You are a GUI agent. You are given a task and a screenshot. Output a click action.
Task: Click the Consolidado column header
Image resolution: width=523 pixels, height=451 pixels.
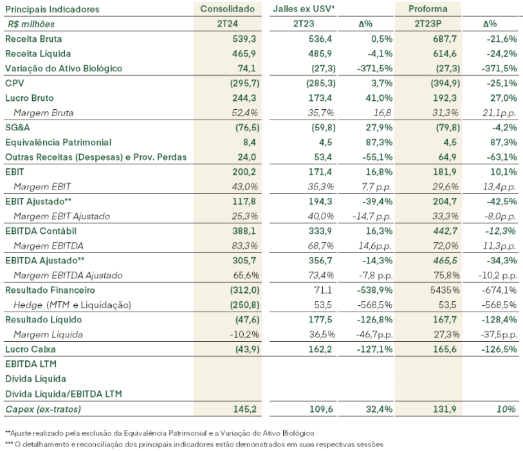pyautogui.click(x=228, y=9)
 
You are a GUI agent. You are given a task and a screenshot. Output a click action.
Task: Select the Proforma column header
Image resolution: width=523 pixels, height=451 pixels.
pyautogui.click(x=428, y=9)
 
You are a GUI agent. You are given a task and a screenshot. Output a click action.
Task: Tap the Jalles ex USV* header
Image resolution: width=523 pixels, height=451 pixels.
pyautogui.click(x=304, y=9)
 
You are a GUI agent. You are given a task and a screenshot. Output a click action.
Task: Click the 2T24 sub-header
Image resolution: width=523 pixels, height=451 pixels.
pyautogui.click(x=228, y=24)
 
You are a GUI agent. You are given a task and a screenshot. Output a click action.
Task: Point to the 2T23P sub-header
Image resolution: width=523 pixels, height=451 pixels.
pyautogui.click(x=428, y=24)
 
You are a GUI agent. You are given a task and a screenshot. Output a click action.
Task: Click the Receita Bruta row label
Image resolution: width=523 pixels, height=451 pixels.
pyautogui.click(x=33, y=39)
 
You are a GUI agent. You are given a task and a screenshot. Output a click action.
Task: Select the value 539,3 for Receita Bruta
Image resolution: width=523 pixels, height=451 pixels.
pyautogui.click(x=244, y=39)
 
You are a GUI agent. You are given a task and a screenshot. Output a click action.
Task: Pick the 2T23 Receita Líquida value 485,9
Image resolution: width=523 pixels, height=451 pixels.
pyautogui.click(x=320, y=53)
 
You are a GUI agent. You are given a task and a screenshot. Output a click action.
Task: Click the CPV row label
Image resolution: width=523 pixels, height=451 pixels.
pyautogui.click(x=14, y=84)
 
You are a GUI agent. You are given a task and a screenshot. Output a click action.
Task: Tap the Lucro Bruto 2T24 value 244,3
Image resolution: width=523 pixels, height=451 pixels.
pyautogui.click(x=244, y=98)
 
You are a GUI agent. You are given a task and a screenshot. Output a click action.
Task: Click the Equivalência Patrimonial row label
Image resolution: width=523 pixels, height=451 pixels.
pyautogui.click(x=58, y=142)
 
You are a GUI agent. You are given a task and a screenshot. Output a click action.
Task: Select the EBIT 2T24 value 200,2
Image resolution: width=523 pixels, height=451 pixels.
pyautogui.click(x=244, y=172)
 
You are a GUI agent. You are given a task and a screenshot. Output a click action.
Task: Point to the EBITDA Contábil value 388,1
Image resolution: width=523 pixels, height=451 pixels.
pyautogui.click(x=244, y=231)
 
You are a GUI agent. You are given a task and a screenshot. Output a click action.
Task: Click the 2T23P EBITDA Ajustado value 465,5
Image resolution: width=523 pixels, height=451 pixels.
pyautogui.click(x=445, y=260)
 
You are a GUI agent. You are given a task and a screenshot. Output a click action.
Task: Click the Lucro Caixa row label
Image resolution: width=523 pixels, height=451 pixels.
pyautogui.click(x=30, y=349)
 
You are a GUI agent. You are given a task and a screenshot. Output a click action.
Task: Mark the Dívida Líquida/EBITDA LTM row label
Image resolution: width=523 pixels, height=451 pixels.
pyautogui.click(x=64, y=394)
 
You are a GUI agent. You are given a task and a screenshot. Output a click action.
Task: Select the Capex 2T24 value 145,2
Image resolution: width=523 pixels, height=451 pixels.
pyautogui.click(x=245, y=409)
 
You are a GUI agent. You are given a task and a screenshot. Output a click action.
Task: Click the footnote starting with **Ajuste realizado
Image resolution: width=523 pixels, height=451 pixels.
pyautogui.click(x=160, y=433)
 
